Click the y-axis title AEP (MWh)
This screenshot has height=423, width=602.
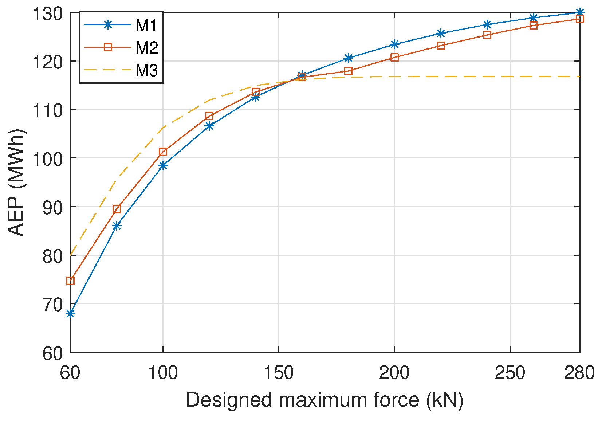[x=16, y=182]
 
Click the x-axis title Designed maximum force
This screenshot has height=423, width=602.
[x=324, y=400]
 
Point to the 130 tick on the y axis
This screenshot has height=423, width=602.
[x=47, y=14]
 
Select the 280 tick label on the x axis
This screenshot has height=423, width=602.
[x=579, y=373]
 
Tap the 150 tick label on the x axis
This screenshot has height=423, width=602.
[x=279, y=373]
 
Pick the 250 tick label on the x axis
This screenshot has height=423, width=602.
[x=510, y=373]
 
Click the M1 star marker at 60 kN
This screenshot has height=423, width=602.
[x=70, y=313]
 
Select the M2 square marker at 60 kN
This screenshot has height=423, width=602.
[x=70, y=281]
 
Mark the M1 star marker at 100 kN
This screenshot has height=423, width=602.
[x=163, y=165]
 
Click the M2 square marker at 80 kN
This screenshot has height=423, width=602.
[x=117, y=209]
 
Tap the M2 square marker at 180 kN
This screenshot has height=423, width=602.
[x=348, y=71]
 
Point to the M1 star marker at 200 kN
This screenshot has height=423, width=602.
[x=394, y=44]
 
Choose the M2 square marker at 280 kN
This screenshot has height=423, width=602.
[x=579, y=19]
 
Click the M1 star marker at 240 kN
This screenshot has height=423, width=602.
[x=487, y=24]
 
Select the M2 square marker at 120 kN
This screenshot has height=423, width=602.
[x=209, y=116]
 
